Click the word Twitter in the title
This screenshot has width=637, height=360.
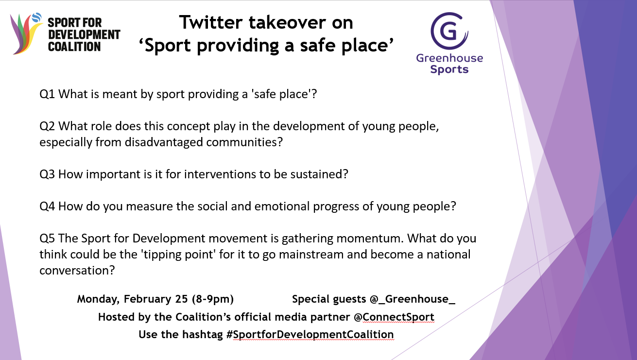click(211, 22)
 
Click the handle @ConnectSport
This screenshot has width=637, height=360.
click(394, 317)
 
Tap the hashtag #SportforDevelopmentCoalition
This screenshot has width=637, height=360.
click(310, 335)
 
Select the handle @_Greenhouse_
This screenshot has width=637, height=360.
click(413, 299)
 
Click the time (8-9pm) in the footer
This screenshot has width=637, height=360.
click(213, 299)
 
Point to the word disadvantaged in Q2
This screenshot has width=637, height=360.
click(164, 142)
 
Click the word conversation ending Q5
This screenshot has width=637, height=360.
click(77, 271)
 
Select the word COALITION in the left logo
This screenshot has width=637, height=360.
click(74, 47)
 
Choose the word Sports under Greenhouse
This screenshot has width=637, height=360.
click(449, 69)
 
